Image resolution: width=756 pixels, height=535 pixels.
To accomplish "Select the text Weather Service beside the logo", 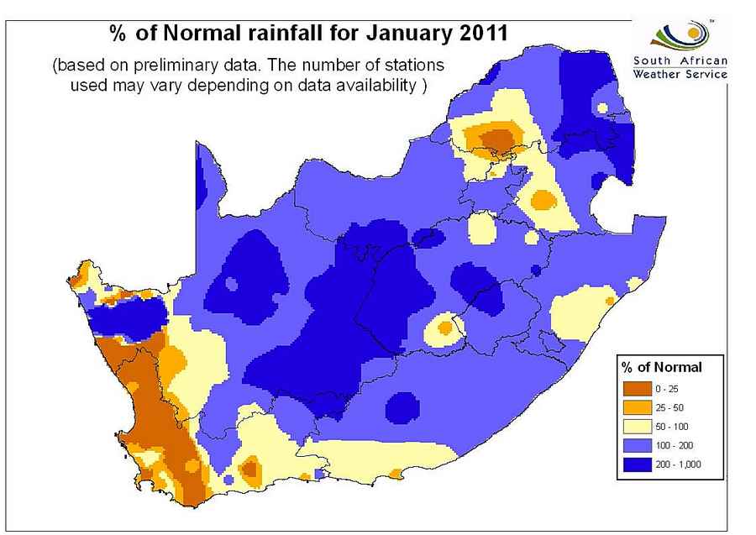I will click(680, 75).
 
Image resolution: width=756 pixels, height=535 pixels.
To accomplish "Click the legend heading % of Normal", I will click(661, 367).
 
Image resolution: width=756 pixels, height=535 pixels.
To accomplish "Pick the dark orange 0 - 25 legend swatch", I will click(637, 387).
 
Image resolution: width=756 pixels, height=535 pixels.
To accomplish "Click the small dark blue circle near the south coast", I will click(403, 406).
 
